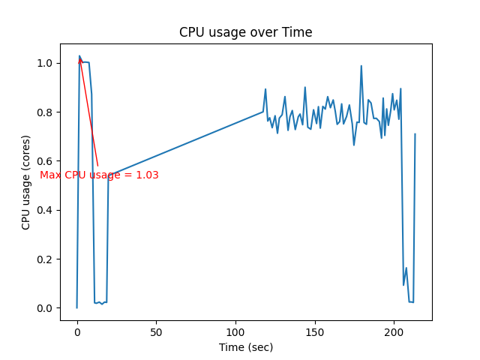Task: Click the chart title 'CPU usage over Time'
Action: pos(245,32)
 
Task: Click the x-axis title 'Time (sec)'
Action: pos(245,347)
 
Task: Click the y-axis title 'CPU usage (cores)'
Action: pos(26,182)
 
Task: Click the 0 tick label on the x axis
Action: pos(76,331)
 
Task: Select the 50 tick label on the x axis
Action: pos(156,331)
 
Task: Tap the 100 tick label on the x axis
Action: pos(235,331)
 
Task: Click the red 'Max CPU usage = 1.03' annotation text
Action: pos(99,175)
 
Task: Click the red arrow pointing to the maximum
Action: pos(88,112)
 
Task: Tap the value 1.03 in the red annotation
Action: pos(146,175)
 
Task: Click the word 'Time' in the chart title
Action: pos(298,32)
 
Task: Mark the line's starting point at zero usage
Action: pos(76,307)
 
